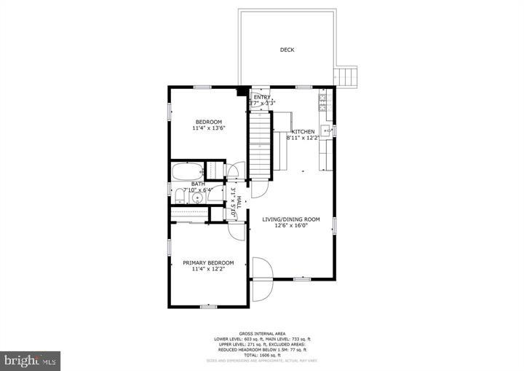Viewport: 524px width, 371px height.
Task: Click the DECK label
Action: coord(287,50)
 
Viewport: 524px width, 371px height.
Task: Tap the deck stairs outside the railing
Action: coord(346,75)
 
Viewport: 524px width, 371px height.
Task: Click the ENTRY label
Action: coord(261,97)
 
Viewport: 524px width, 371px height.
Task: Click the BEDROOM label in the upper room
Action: coord(208,121)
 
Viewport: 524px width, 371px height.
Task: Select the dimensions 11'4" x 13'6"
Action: coord(208,128)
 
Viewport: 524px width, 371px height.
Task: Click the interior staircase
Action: coord(260,146)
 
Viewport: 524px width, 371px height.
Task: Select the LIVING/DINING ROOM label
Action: coord(291,219)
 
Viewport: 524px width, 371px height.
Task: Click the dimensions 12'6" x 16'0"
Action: coord(291,226)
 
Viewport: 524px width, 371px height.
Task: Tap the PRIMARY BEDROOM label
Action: coord(208,262)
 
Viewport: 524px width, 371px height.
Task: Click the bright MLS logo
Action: coord(31,360)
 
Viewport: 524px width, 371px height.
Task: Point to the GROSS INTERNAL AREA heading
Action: coord(261,333)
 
